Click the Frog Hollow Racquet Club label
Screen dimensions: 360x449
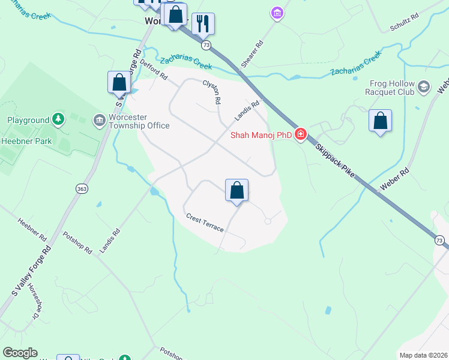click(x=390, y=88)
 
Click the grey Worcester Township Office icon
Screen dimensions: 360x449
click(x=98, y=121)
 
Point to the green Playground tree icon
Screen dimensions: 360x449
click(x=58, y=120)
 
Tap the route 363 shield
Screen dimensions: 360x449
click(x=82, y=188)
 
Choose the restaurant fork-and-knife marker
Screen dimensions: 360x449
click(x=203, y=23)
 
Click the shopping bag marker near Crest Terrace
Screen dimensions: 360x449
click(x=237, y=190)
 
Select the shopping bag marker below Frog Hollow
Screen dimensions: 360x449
click(x=380, y=121)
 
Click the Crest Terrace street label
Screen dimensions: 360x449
click(x=205, y=223)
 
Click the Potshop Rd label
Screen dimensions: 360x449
click(x=77, y=242)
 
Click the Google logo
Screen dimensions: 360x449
click(x=20, y=353)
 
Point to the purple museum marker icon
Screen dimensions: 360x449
click(x=277, y=13)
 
